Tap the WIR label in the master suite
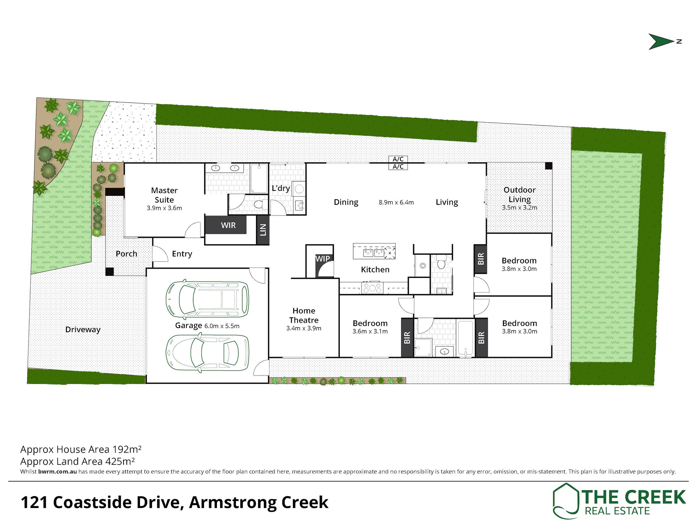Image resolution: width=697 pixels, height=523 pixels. (x=228, y=225)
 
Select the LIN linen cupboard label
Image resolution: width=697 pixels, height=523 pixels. (x=263, y=230)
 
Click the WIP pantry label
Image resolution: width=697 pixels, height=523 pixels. (x=323, y=258)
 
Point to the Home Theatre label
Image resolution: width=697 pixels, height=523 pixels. (x=304, y=315)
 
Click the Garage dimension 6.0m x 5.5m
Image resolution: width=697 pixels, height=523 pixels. (x=222, y=326)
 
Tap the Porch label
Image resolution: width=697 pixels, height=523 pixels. (x=126, y=254)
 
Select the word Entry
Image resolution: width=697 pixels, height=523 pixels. (x=182, y=254)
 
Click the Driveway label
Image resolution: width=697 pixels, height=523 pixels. (x=83, y=329)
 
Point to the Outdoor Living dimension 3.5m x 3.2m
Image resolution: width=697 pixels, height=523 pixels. (x=519, y=208)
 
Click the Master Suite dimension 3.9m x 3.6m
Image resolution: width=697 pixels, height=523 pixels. (x=164, y=208)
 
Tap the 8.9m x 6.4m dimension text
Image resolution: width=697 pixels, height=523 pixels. (x=396, y=202)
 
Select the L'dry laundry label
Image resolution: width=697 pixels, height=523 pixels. (x=281, y=188)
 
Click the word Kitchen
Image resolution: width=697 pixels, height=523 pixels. (x=375, y=269)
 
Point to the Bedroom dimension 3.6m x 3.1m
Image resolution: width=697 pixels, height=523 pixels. (x=370, y=331)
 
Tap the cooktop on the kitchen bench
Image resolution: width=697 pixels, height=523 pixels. (x=372, y=288)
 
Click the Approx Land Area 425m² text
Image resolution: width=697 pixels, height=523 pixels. (x=77, y=461)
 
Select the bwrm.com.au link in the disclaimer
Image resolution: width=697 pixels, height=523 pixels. (x=57, y=472)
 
